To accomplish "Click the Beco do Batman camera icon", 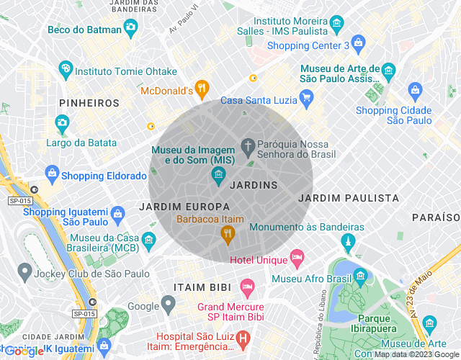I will pos(130,28).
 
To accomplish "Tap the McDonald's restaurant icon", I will pos(202,90).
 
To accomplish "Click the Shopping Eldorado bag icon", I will pos(52,173).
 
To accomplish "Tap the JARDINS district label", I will pos(253,185).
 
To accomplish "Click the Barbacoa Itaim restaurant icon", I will pos(228,233).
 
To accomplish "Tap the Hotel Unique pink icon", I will pos(296,257).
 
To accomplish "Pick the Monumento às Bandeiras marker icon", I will pos(349,240).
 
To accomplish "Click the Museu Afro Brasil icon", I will pos(359,275).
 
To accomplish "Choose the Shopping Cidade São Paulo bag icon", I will pos(415,90).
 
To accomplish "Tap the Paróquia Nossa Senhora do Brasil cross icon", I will pos(248,147).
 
